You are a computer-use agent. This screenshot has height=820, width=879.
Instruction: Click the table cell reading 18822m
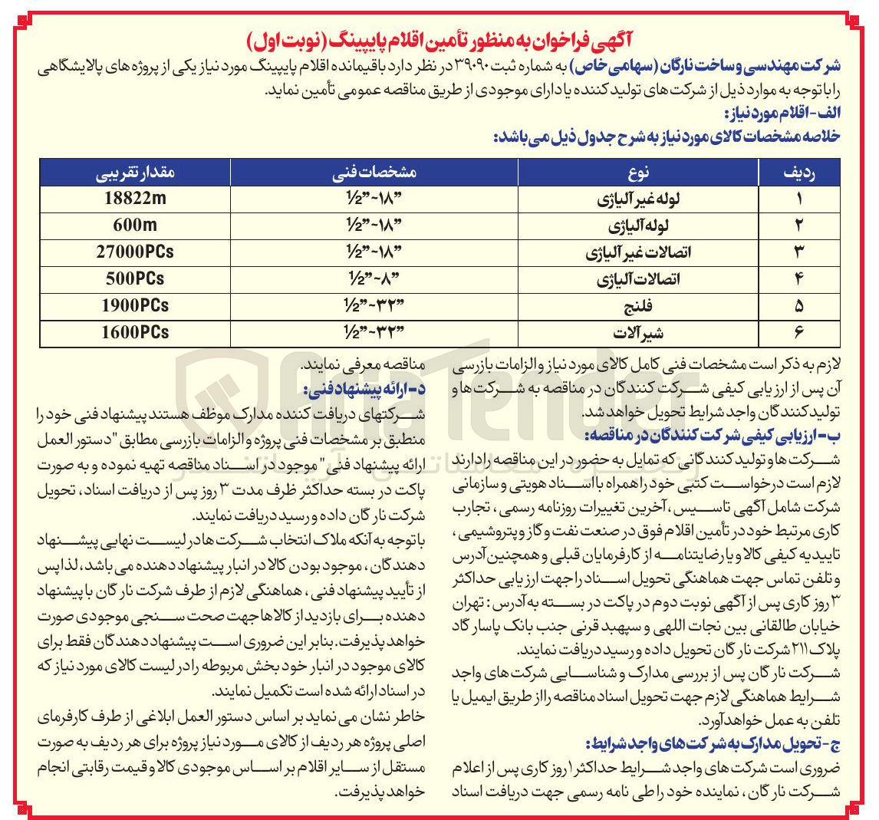click(134, 199)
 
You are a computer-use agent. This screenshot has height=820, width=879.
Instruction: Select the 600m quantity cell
click(134, 226)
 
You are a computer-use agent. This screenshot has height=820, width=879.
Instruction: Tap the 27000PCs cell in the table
click(134, 252)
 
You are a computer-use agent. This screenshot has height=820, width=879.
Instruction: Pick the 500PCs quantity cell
click(134, 278)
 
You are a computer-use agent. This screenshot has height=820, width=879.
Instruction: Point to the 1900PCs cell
click(134, 305)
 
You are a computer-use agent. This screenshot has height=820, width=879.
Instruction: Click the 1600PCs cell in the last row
click(134, 332)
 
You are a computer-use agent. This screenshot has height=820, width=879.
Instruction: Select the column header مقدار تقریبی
click(134, 173)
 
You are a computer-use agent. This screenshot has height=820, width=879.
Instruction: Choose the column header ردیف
click(798, 173)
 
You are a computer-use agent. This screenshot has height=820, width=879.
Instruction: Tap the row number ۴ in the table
click(798, 279)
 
